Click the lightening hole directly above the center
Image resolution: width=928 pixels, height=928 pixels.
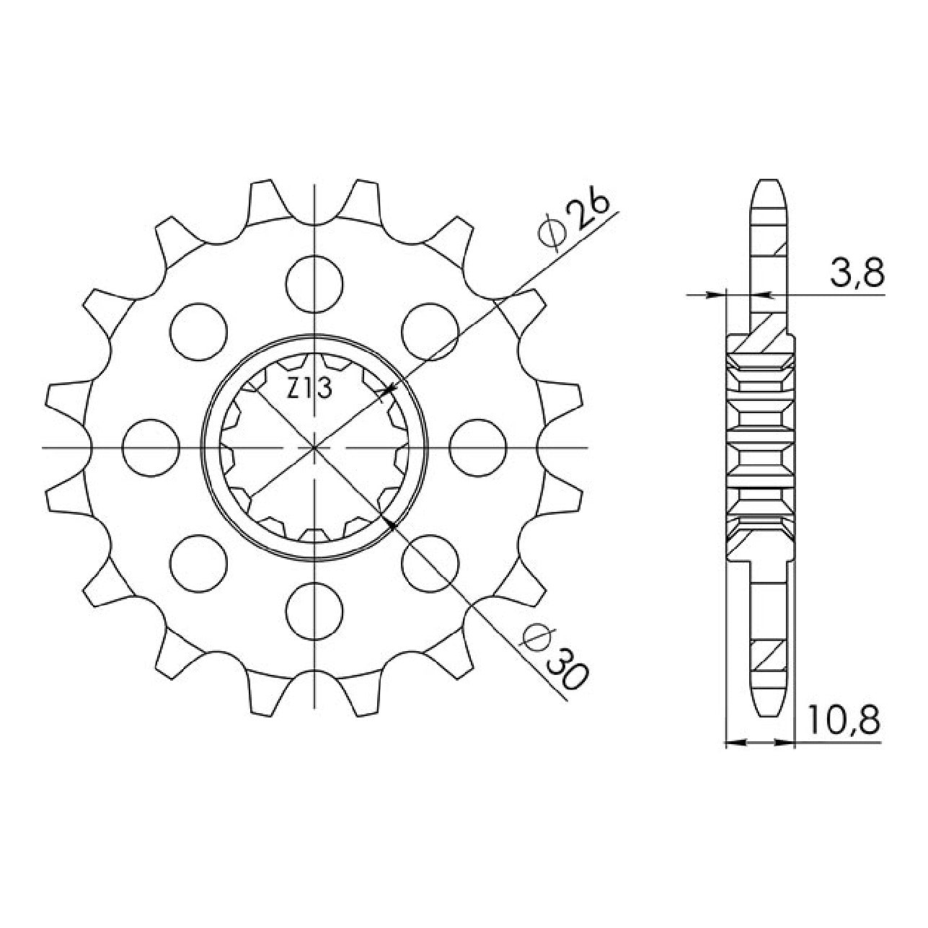coord(314,284)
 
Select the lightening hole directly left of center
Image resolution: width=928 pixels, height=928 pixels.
coord(151,448)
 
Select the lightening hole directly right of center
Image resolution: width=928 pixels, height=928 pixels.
coord(478,448)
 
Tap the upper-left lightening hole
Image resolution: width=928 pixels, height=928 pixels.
coord(198,332)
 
